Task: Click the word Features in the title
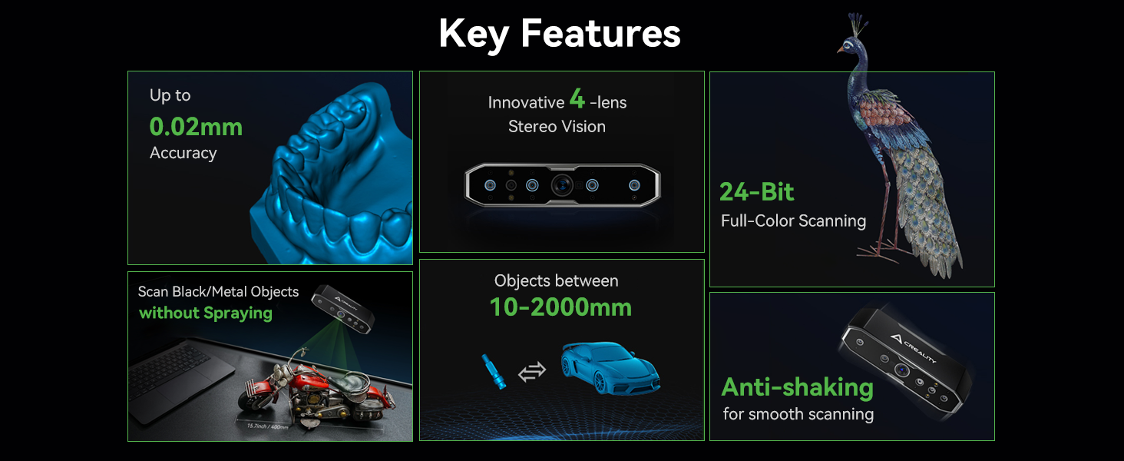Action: click(x=600, y=34)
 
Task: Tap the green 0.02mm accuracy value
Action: click(x=196, y=127)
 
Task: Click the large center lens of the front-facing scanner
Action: click(x=562, y=185)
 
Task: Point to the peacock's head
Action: click(x=848, y=45)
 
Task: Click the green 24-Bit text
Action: click(x=757, y=191)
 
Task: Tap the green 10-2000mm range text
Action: click(x=560, y=307)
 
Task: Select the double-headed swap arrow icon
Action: click(x=532, y=372)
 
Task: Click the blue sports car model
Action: click(x=610, y=367)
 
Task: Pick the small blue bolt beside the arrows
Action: click(x=494, y=372)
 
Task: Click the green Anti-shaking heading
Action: click(x=798, y=388)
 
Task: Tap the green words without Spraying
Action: click(x=206, y=313)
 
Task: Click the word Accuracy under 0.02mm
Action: click(x=183, y=153)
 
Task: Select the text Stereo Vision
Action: click(x=557, y=127)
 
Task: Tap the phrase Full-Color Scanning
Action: click(x=793, y=221)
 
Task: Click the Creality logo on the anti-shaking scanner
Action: click(x=914, y=347)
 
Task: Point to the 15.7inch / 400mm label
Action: click(x=267, y=426)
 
